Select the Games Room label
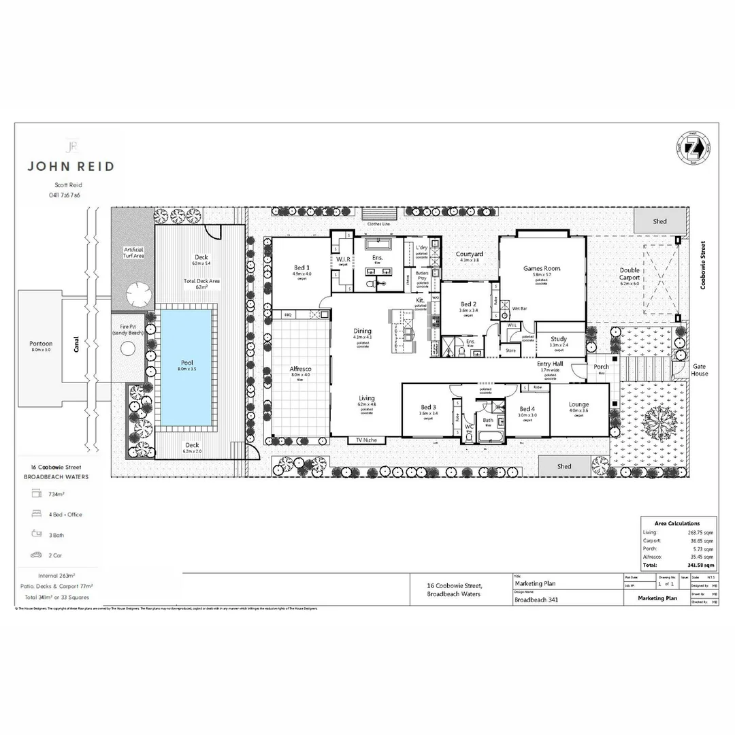coord(542,269)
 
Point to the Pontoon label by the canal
coord(41,344)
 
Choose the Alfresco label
coord(300,369)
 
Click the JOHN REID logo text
coord(70,165)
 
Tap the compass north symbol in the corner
coord(702,152)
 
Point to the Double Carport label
coord(630,274)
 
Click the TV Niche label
coord(365,440)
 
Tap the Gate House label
coord(699,370)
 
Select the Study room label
coord(559,339)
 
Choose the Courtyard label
coord(470,254)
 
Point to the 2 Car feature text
coord(56,555)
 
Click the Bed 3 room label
coord(428,408)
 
